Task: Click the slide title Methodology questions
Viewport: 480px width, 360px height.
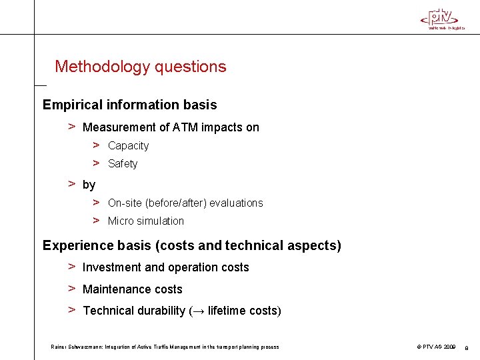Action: [141, 67]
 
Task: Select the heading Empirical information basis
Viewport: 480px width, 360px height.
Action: [129, 105]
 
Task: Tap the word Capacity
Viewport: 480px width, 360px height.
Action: [128, 145]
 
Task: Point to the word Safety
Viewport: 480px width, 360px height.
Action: [123, 163]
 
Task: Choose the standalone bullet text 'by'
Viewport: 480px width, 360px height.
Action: [89, 185]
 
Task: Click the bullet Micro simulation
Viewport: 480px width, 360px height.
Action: [145, 221]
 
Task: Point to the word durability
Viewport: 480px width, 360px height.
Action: [161, 311]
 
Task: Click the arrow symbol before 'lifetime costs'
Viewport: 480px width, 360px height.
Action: [199, 311]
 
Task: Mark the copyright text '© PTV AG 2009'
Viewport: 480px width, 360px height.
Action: [436, 347]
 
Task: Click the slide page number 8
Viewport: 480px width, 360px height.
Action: [467, 347]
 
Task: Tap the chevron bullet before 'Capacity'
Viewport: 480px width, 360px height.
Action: [97, 145]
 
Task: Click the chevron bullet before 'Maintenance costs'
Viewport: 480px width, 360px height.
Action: [71, 289]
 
